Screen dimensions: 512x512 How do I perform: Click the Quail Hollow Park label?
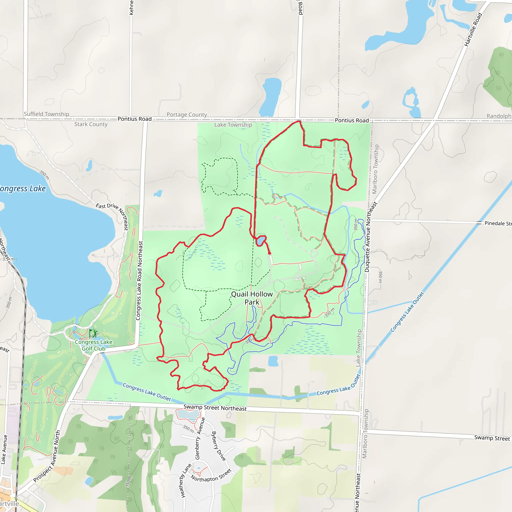(252, 298)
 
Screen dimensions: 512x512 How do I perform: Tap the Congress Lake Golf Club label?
(93, 345)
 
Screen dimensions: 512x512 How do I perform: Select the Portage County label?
(187, 115)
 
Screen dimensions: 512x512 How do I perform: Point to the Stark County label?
(91, 124)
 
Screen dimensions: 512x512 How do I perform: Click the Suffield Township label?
(46, 114)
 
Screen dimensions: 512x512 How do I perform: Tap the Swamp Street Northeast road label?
(215, 407)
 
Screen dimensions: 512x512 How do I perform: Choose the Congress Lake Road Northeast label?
(139, 280)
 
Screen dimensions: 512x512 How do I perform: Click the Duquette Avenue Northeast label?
(370, 237)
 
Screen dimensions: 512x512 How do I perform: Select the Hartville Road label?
(473, 30)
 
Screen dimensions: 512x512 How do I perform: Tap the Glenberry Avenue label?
(200, 438)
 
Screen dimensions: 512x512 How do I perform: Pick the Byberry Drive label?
(218, 446)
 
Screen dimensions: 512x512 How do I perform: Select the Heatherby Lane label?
(186, 480)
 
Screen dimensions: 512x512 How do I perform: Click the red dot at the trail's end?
(269, 253)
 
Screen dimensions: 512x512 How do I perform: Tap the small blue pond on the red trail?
(260, 241)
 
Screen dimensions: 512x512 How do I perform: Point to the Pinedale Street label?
(498, 223)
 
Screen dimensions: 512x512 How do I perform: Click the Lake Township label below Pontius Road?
(233, 125)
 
